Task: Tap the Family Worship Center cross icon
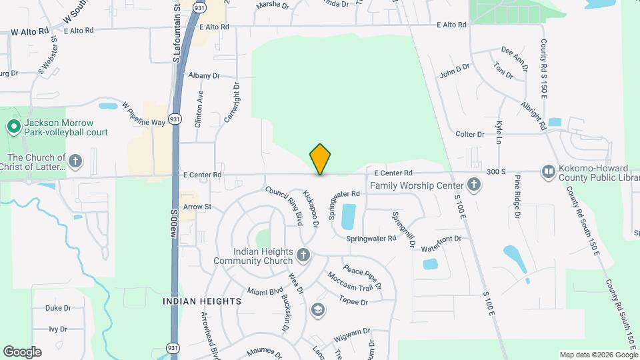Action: (x=473, y=184)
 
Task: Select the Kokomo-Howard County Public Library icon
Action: (x=547, y=172)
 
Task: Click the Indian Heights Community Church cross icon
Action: (x=303, y=255)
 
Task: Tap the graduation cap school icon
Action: (x=318, y=309)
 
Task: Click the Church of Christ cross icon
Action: (x=76, y=161)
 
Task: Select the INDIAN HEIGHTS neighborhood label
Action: (x=202, y=301)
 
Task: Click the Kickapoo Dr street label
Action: (x=311, y=208)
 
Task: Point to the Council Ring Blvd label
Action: (x=289, y=203)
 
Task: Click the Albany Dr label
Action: (x=203, y=76)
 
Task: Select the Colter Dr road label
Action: (x=469, y=135)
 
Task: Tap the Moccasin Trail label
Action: (x=349, y=281)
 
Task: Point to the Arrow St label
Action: (x=197, y=207)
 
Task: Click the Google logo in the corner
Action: (x=22, y=352)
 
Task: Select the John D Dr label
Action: (x=455, y=71)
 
